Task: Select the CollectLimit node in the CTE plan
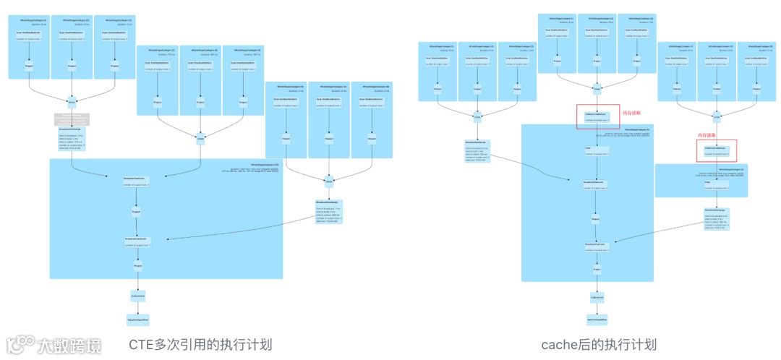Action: tap(137, 296)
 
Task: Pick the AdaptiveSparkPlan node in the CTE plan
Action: tap(137, 318)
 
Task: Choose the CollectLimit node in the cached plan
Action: tap(597, 297)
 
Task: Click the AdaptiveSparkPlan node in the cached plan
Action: tap(597, 318)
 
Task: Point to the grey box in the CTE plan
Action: tap(72, 119)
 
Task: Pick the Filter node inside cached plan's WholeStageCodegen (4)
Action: tap(709, 182)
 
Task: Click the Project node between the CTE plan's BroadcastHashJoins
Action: tap(137, 213)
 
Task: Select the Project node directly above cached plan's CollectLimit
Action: tap(597, 270)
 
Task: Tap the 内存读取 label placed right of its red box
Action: tap(631, 113)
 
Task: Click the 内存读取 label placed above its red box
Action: tap(707, 135)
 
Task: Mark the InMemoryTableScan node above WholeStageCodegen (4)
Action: tap(716, 150)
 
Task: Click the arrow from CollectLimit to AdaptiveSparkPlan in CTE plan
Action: tap(137, 307)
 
